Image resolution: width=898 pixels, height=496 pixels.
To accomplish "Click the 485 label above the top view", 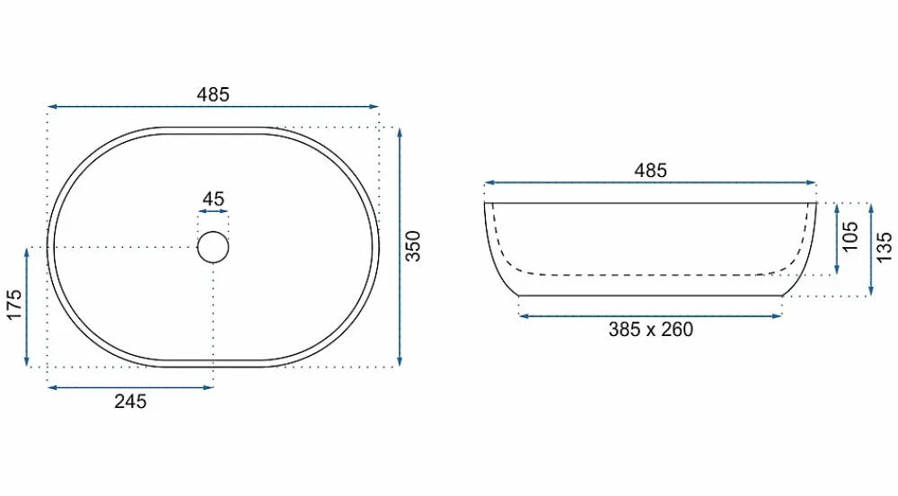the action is [213, 94].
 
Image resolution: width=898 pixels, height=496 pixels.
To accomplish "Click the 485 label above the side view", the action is [650, 171].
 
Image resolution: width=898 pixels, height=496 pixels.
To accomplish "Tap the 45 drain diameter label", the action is [213, 199].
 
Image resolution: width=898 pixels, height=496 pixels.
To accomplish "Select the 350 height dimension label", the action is [413, 246].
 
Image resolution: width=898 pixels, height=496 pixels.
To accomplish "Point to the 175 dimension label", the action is [14, 306].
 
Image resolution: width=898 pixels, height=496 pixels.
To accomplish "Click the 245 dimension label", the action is [130, 402].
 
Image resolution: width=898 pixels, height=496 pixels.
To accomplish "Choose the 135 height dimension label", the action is [885, 247].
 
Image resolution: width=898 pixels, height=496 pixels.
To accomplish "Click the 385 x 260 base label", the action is [650, 330].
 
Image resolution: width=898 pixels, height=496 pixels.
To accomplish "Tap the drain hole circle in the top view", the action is [213, 232].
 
